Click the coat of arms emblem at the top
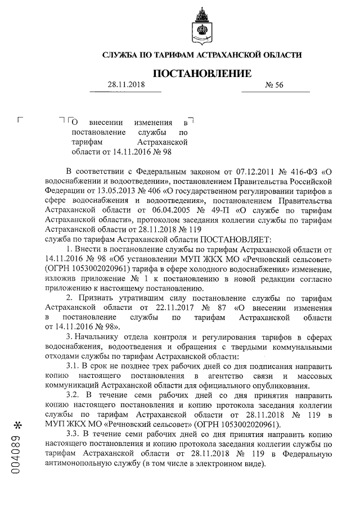tap(201, 25)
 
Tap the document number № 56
tap(275, 85)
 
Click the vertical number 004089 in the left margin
tap(18, 456)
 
